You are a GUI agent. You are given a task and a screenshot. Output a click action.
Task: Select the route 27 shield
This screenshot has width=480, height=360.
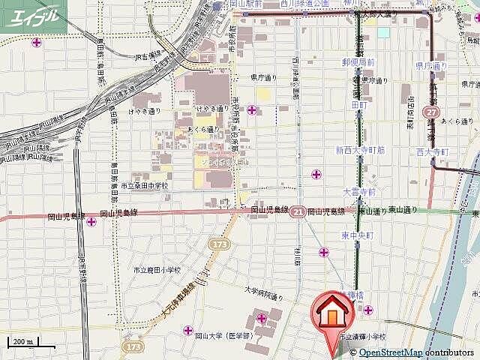pyautogui.click(x=431, y=112)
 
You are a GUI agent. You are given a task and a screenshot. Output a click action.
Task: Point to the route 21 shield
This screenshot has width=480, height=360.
pyautogui.click(x=298, y=212)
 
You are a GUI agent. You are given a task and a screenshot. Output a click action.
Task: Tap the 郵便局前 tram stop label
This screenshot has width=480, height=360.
pyautogui.click(x=358, y=62)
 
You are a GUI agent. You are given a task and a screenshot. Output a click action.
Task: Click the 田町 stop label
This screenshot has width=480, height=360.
pyautogui.click(x=358, y=106)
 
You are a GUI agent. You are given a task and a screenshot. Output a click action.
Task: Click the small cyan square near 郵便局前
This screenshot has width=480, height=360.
pyautogui.click(x=384, y=32)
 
